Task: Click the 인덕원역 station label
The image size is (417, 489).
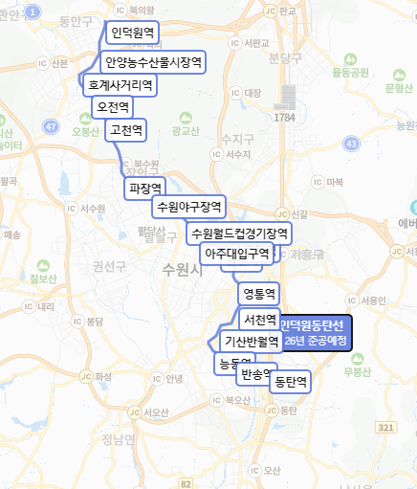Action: (x=132, y=34)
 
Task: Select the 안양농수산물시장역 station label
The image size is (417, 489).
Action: (x=153, y=63)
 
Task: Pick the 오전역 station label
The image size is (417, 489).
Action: (x=113, y=107)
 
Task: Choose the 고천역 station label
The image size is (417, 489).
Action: (x=126, y=129)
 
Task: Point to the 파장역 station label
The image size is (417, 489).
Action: (x=145, y=188)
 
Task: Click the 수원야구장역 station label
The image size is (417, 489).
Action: (x=188, y=207)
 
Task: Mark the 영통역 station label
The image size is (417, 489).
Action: (x=259, y=294)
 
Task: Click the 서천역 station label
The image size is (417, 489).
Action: (x=259, y=320)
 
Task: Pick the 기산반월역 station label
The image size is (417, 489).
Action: (x=251, y=341)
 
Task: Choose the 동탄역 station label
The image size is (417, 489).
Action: (x=291, y=382)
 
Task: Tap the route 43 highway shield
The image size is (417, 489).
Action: (x=352, y=143)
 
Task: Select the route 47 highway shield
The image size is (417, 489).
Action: (x=51, y=125)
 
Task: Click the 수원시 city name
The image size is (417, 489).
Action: (x=185, y=270)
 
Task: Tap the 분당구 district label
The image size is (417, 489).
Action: (x=287, y=58)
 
